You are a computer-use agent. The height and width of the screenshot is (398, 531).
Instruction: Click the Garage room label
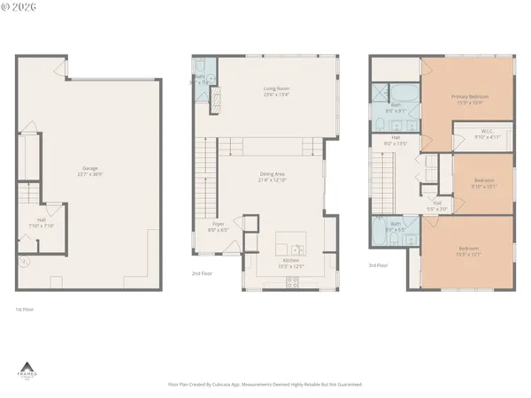point(89,171)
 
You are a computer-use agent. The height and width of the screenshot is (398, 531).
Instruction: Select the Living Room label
point(276,91)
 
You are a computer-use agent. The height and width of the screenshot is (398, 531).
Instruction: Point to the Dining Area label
point(273,178)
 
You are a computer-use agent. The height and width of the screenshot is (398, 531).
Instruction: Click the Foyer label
point(218,226)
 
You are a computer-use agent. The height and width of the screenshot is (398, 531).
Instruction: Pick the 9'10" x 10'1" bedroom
point(483,183)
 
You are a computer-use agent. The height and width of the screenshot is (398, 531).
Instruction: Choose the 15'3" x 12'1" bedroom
point(468,251)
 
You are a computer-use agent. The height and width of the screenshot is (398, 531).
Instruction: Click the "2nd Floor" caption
point(201,274)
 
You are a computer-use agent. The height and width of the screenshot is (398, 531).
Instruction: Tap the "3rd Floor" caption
point(379,264)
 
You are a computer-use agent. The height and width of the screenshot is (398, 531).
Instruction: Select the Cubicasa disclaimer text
point(265,385)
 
